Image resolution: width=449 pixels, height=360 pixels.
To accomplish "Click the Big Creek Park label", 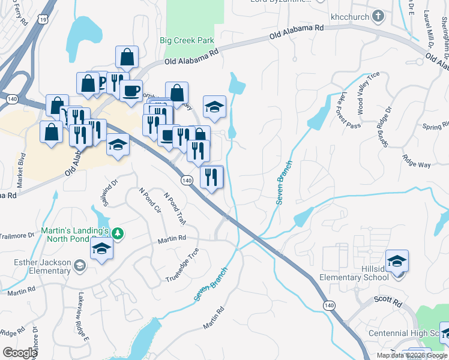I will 187,41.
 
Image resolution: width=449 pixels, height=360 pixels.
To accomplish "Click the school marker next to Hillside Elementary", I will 397,261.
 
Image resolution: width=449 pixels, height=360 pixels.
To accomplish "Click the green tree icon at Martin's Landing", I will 118,233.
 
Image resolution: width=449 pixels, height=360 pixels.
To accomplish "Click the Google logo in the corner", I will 19,352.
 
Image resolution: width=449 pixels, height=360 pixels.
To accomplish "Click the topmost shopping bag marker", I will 127,58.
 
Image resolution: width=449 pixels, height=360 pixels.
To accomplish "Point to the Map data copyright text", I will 411,355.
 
